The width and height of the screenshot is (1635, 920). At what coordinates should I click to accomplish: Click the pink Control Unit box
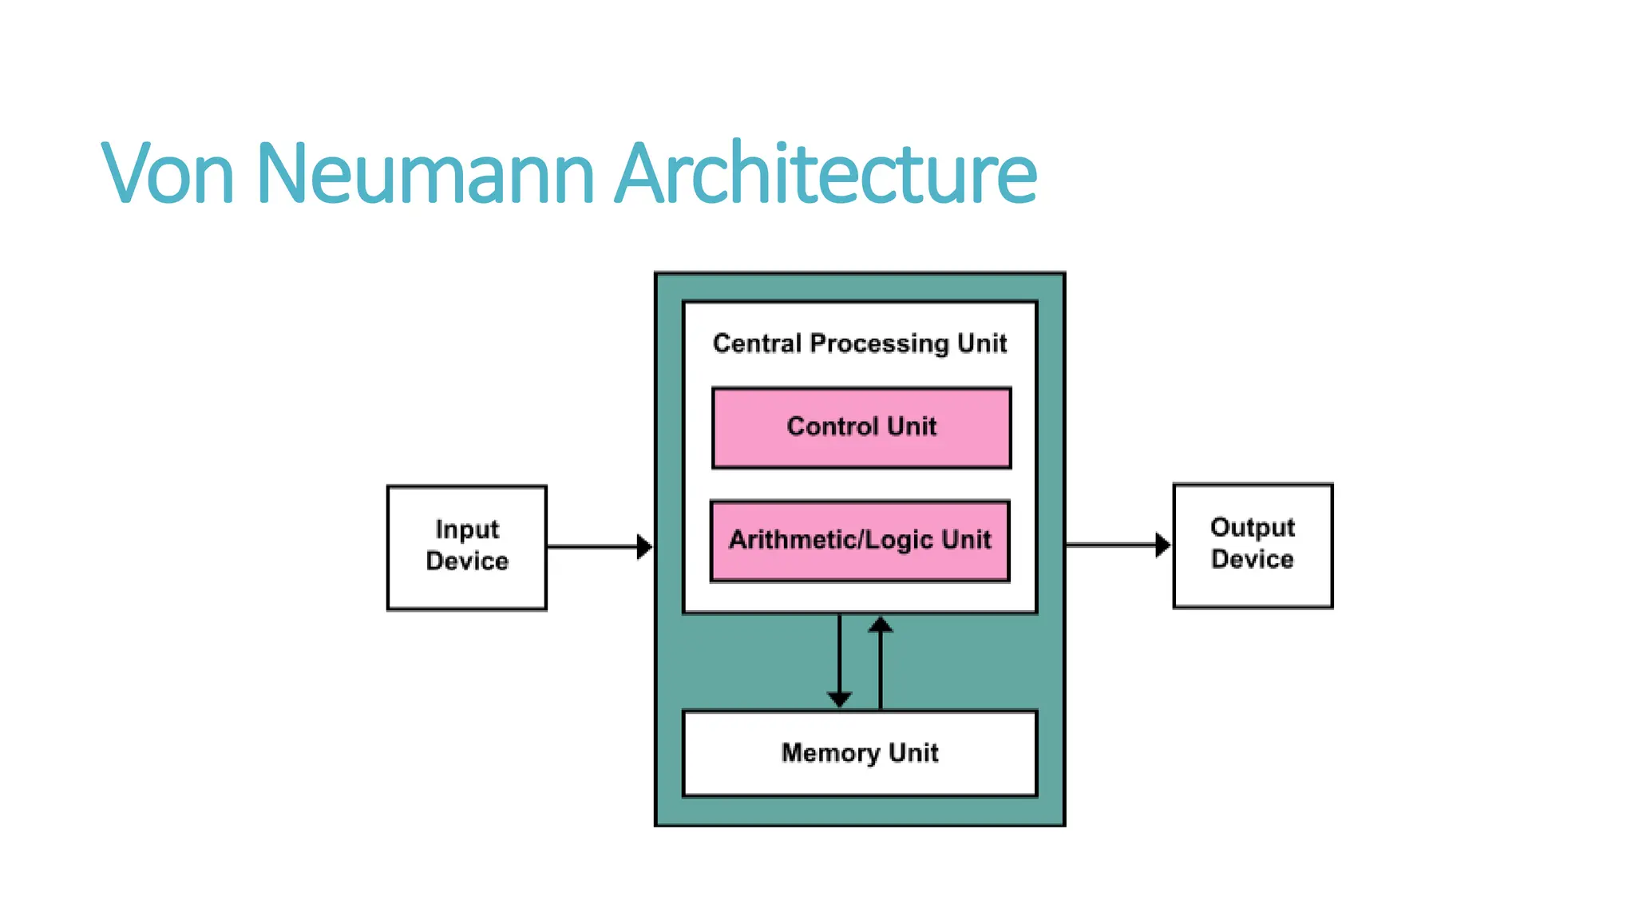coord(861,427)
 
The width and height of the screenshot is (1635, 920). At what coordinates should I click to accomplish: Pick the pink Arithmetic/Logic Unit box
coord(860,541)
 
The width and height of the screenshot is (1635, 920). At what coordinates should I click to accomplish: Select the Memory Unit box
coord(860,753)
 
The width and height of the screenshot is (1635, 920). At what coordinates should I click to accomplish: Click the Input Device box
coord(467,547)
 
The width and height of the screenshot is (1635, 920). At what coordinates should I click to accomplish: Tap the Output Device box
coord(1253,545)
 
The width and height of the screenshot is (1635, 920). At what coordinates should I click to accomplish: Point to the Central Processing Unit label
coord(860,343)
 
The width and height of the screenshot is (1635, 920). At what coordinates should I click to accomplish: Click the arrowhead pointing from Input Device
coord(644,547)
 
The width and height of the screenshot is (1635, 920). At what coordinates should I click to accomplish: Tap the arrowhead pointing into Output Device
coord(1163,545)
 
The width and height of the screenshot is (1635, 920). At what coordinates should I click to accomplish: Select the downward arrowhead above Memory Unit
coord(839,699)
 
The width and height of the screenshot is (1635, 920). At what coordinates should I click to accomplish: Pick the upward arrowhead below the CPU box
coord(881,625)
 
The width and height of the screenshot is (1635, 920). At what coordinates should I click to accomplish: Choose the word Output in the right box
coord(1253,528)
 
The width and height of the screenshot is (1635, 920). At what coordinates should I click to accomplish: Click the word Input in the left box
coord(467,529)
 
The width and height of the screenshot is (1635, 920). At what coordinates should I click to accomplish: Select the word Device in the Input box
coord(467,561)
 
